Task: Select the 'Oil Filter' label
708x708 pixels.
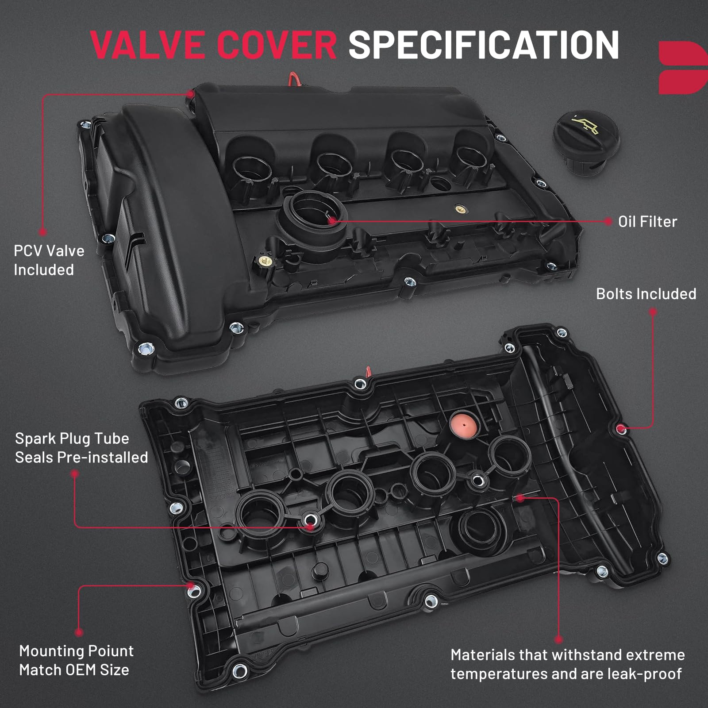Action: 647,222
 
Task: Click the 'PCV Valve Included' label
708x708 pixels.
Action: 49,260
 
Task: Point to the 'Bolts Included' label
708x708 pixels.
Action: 646,294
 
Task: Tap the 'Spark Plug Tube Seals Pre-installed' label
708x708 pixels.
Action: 81,448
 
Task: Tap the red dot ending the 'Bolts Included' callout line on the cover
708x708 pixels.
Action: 621,428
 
